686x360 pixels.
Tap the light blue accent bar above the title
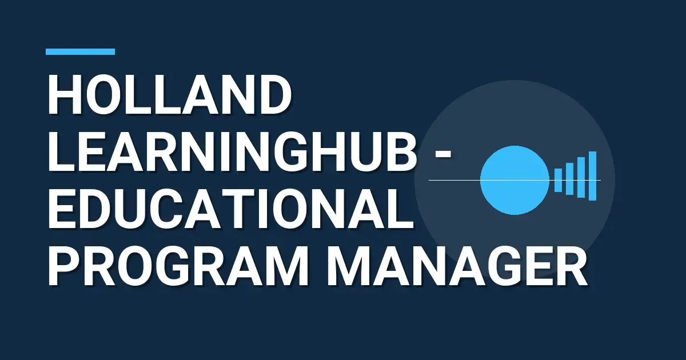tap(80, 51)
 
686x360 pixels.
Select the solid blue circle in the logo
tap(514, 180)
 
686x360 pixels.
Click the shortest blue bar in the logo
tap(559, 180)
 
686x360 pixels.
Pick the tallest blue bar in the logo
tap(592, 175)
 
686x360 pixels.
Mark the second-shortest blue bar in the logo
tap(569, 179)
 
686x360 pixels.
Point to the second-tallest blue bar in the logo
tap(581, 177)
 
